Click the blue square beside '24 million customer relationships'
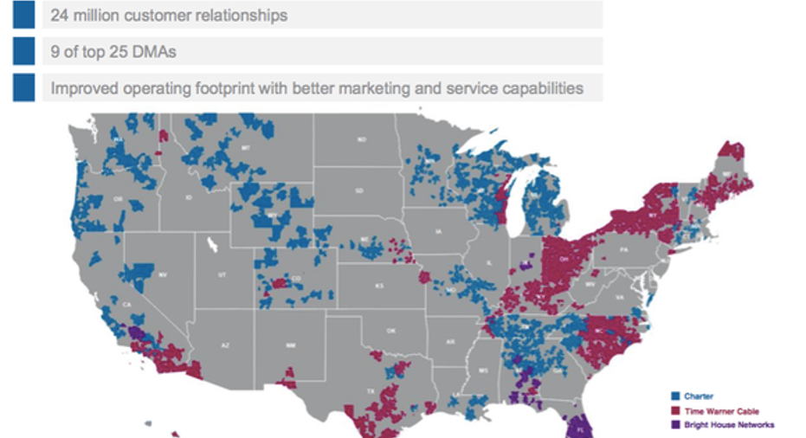point(23,15)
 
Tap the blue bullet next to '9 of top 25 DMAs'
point(23,51)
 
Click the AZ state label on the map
point(225,345)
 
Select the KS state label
point(378,285)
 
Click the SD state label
point(362,191)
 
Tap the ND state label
point(362,138)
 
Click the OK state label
point(390,330)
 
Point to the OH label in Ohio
point(565,257)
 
